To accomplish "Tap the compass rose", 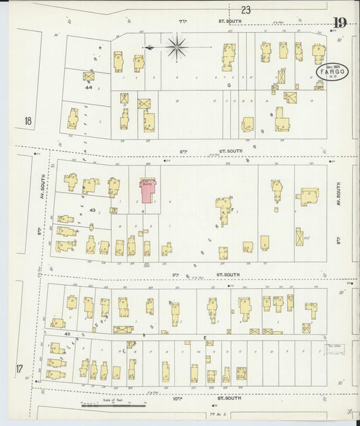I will coord(177,47).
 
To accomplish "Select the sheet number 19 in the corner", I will coord(339,24).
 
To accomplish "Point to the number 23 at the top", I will coord(245,9).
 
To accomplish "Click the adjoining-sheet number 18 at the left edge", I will coord(28,122).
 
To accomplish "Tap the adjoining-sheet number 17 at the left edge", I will coord(20,369).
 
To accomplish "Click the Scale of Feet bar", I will coord(113,406).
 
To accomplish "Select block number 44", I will coord(88,88).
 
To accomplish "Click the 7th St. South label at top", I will coord(182,22).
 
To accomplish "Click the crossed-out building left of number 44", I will coord(88,76).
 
